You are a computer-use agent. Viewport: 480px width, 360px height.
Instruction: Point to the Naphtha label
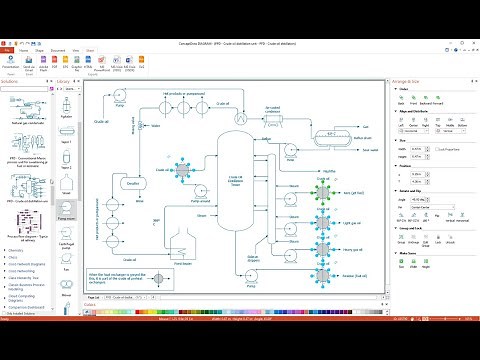click(354, 171)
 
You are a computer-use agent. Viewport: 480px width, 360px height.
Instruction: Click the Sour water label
click(370, 151)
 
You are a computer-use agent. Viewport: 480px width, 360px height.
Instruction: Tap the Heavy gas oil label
click(352, 250)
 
